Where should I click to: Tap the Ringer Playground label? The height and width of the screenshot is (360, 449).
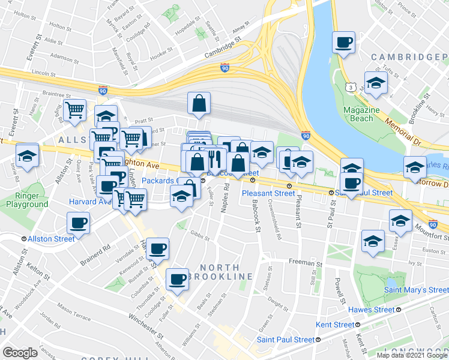pyautogui.click(x=28, y=200)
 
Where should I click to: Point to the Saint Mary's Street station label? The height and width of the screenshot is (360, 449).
pyautogui.click(x=418, y=290)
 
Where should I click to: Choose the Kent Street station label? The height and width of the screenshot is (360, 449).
pyautogui.click(x=335, y=325)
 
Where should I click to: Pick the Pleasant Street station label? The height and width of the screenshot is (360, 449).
pyautogui.click(x=268, y=193)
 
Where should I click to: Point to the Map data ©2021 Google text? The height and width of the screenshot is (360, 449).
pyautogui.click(x=411, y=355)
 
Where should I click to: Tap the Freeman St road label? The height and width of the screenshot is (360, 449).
pyautogui.click(x=306, y=262)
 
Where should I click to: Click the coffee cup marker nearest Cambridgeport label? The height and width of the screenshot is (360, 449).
pyautogui.click(x=344, y=43)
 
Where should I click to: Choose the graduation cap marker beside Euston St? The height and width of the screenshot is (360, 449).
pyautogui.click(x=373, y=241)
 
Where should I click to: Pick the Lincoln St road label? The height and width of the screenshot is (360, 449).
pyautogui.click(x=40, y=73)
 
